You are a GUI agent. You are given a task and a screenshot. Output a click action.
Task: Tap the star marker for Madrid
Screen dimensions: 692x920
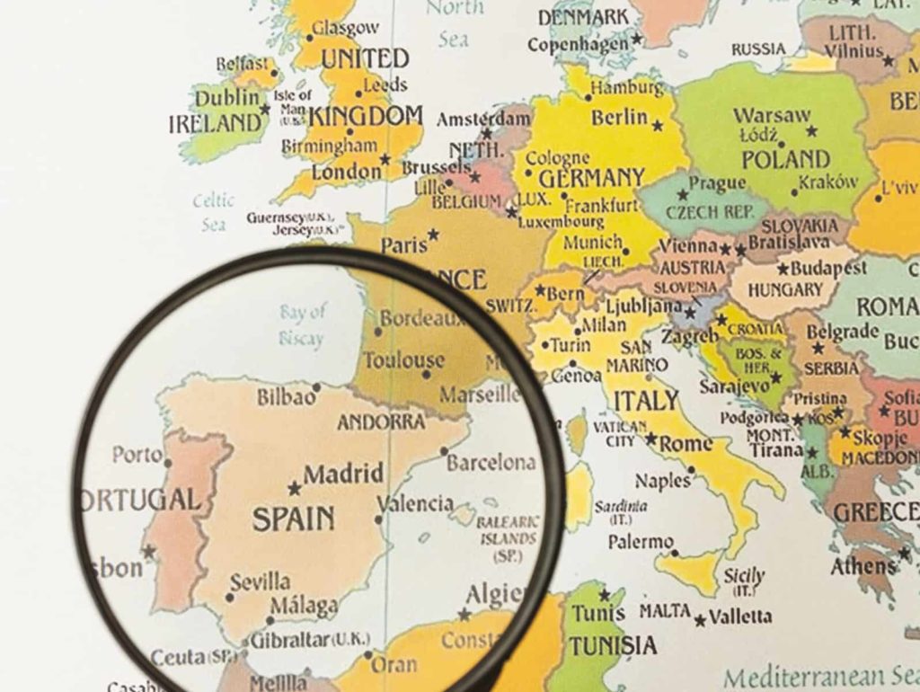(294, 489)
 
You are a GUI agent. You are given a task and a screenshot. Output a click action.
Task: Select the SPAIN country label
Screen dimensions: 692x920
(293, 519)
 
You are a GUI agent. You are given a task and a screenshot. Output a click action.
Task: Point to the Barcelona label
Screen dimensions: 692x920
(491, 464)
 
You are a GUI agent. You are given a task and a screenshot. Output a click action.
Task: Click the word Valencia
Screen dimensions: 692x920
(415, 503)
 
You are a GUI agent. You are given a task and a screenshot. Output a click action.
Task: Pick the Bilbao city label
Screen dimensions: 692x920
(287, 396)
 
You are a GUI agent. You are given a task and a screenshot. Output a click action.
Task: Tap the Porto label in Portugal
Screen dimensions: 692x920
(137, 455)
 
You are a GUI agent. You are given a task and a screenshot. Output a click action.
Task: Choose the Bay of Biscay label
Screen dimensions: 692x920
(303, 324)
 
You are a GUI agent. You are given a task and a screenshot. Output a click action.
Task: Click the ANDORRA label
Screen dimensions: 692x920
(381, 421)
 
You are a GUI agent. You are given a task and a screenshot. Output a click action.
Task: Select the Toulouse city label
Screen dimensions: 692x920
(403, 360)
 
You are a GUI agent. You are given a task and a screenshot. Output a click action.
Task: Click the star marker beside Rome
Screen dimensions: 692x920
(650, 440)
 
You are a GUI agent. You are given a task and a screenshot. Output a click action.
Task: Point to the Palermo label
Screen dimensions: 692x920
(641, 543)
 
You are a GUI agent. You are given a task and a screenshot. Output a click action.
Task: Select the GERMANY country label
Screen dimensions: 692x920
(591, 177)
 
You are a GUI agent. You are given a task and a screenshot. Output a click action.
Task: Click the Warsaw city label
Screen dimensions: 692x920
(772, 116)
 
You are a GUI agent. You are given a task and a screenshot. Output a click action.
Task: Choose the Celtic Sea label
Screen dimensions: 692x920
(214, 212)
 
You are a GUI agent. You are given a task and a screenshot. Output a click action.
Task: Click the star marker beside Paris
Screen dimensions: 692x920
(433, 235)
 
